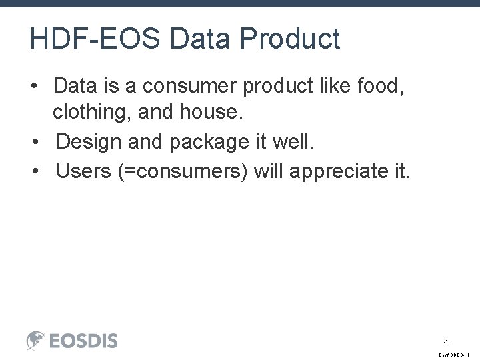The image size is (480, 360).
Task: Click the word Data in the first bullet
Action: pos(75,85)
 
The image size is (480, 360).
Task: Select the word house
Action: pos(209,113)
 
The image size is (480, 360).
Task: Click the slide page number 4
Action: pos(446,342)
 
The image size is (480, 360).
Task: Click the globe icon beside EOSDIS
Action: pos(36,341)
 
